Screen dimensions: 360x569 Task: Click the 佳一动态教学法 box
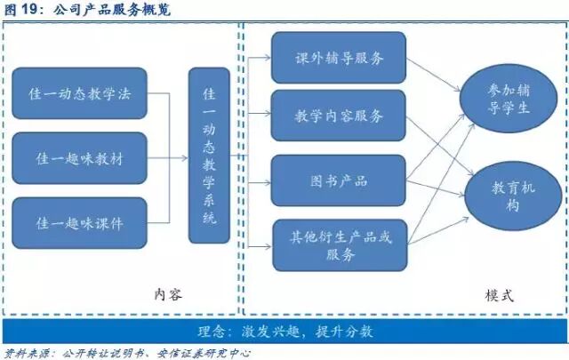click(79, 93)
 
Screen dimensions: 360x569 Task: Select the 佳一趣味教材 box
click(79, 158)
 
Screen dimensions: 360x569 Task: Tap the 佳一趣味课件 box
click(79, 222)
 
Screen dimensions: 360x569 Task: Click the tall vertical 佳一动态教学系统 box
click(210, 156)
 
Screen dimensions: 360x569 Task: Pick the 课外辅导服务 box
click(339, 58)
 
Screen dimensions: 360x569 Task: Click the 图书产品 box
click(339, 180)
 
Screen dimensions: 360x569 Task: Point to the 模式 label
click(499, 294)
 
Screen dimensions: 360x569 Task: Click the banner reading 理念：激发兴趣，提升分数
click(284, 331)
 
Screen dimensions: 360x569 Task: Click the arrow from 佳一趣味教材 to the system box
click(167, 159)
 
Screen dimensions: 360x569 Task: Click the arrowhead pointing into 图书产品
click(268, 180)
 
